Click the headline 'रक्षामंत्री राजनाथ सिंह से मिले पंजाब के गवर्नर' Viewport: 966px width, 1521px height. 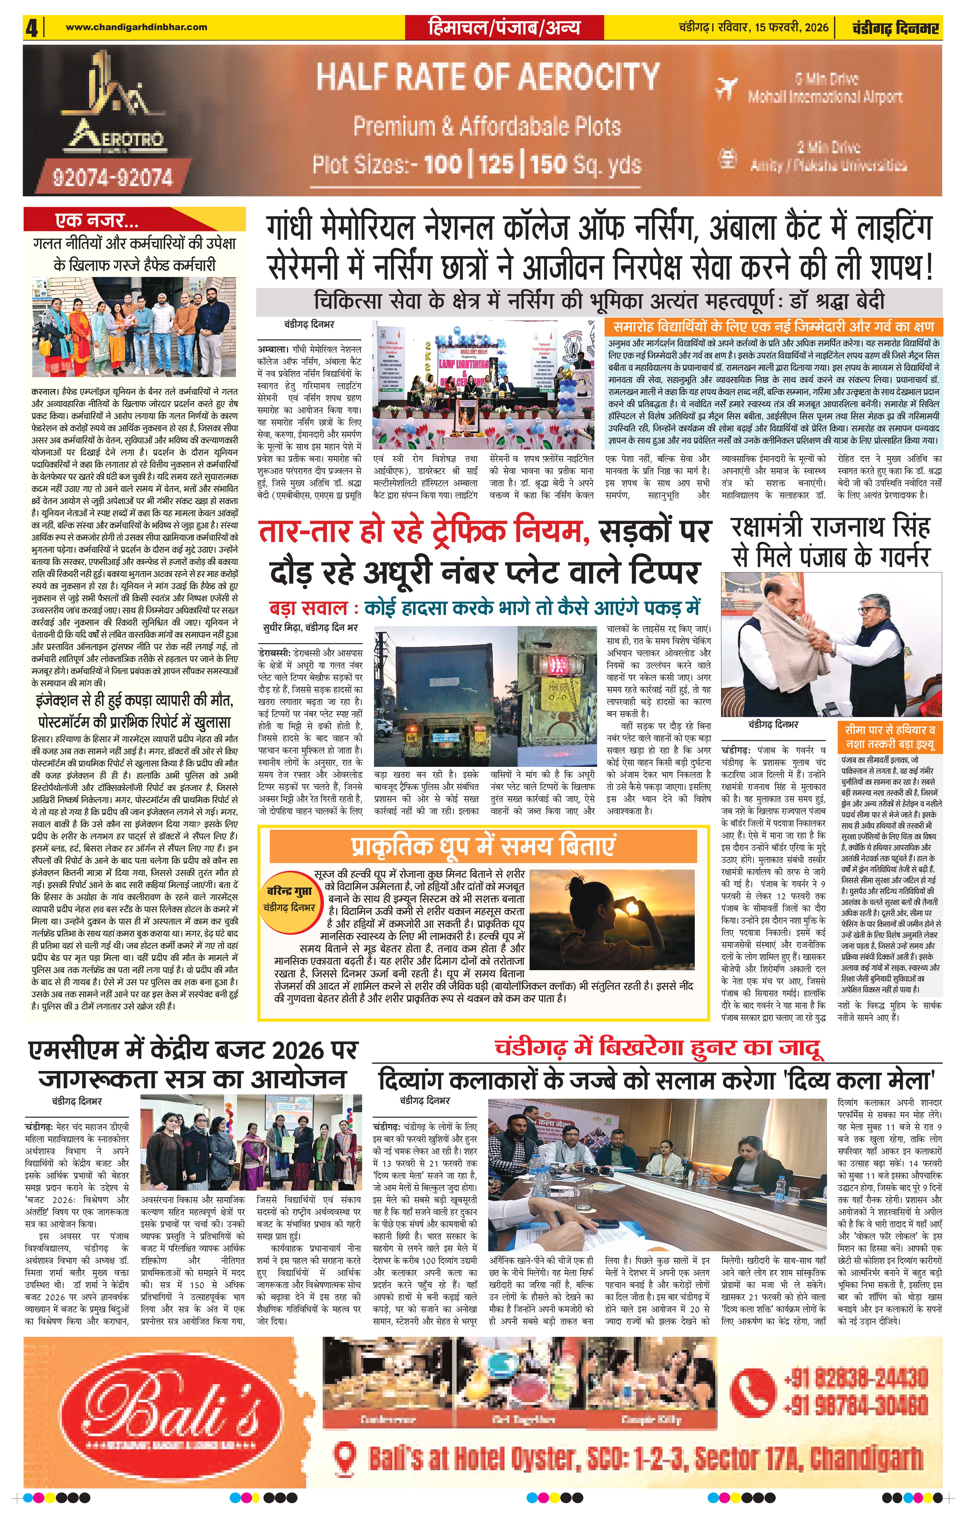pos(830,543)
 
